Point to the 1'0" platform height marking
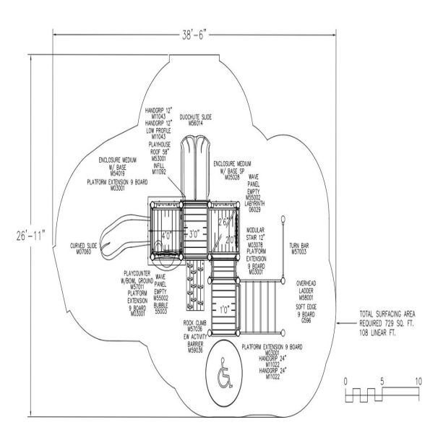pos(224,309)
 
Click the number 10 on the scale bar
pos(418,381)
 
